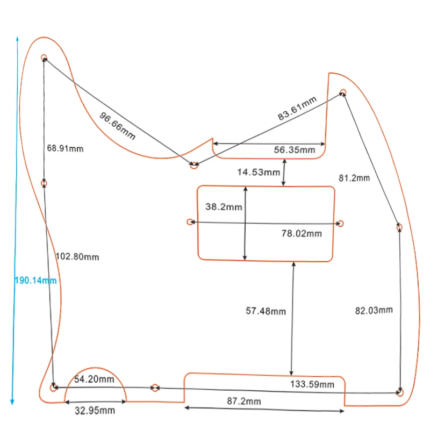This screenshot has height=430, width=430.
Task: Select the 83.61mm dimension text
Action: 297,108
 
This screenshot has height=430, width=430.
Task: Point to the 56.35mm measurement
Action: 295,150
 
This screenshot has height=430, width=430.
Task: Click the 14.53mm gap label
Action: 259,173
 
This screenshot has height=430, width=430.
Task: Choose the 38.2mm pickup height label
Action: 224,207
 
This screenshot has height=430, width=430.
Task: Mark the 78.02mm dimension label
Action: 302,233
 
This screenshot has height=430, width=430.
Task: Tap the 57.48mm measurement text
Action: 266,311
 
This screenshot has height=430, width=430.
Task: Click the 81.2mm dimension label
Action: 354,178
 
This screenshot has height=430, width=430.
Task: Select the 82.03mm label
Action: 374,310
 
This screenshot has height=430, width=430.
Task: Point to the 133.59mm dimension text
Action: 312,384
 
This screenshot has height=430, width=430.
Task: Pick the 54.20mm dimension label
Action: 94,379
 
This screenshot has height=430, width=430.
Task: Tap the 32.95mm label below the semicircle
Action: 94,411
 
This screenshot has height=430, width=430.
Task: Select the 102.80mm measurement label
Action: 77,257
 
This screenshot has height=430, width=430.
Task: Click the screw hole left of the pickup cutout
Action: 189,222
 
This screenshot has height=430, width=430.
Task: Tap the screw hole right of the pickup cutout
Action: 340,223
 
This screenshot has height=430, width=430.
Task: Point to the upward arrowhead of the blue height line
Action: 17,39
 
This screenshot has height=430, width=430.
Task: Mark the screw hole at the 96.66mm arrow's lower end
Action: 194,165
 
